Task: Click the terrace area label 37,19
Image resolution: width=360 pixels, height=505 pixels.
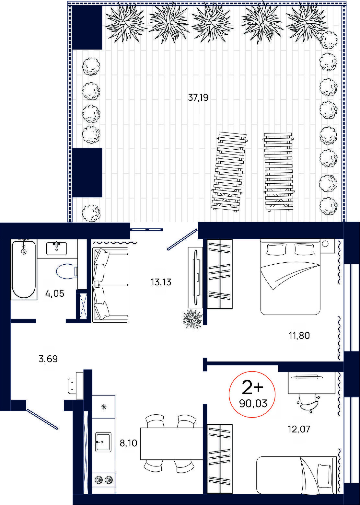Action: pos(198,98)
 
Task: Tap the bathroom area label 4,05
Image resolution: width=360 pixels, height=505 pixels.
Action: pos(54,294)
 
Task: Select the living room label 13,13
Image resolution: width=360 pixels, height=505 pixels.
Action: pos(161,282)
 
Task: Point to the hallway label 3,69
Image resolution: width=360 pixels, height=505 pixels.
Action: pos(48,359)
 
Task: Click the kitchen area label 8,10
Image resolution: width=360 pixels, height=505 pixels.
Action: pos(128,443)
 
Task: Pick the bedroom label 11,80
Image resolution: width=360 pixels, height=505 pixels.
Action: pos(299,336)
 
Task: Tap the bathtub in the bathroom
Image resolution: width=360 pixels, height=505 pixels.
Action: pos(24,269)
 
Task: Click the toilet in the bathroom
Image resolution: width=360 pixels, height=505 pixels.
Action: pos(67,270)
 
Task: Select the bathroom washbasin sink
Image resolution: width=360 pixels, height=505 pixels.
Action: pos(56,248)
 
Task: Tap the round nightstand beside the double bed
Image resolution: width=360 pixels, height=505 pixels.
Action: pos(325,244)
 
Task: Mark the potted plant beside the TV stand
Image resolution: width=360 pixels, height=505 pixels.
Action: pos(192,318)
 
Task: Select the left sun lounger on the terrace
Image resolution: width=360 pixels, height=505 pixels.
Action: pos(229,171)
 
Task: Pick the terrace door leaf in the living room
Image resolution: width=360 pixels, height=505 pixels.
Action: pos(182,239)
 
